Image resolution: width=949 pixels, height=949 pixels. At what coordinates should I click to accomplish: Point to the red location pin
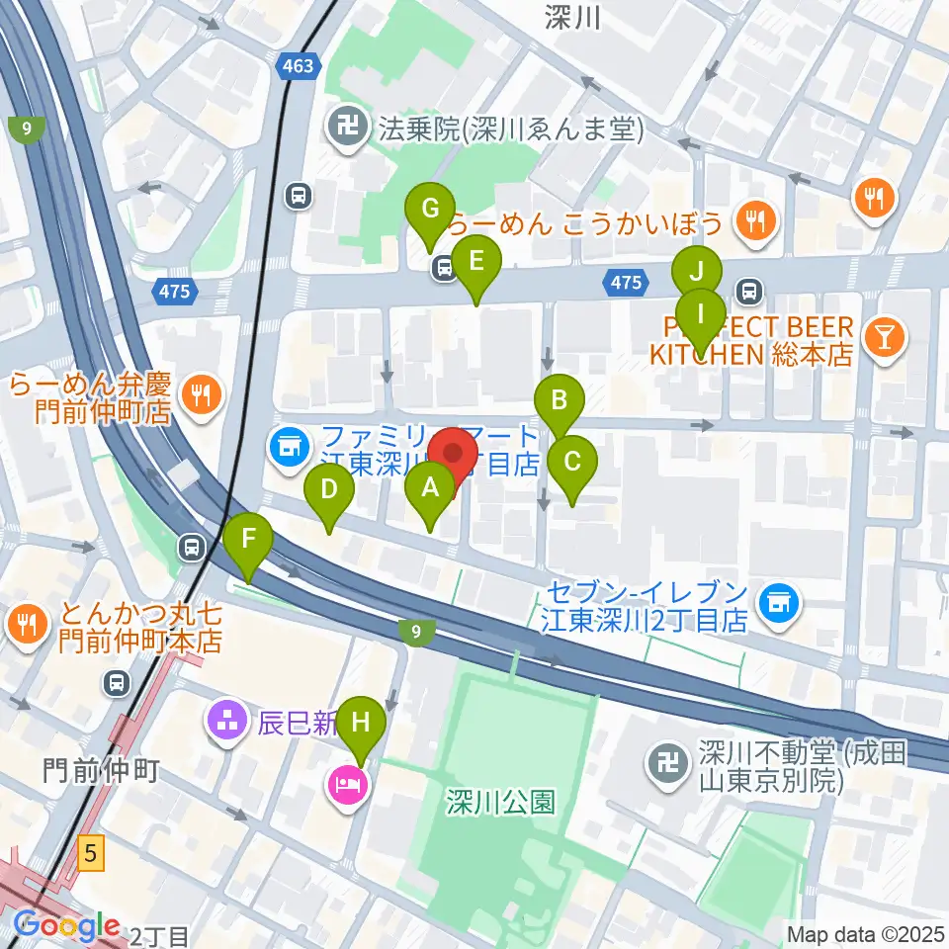point(454,456)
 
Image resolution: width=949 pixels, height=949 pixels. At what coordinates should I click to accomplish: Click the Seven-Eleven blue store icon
point(778,601)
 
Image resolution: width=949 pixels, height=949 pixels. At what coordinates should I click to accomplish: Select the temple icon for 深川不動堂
point(664,762)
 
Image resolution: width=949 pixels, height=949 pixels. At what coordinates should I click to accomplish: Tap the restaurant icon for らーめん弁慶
point(203,395)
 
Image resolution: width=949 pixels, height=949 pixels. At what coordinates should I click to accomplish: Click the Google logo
point(67,926)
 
